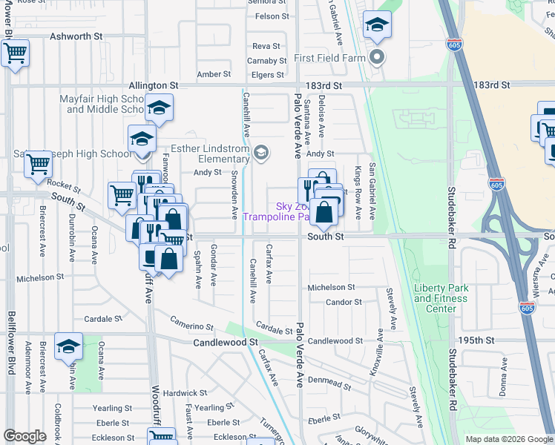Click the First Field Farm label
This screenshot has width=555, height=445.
pos(332,57)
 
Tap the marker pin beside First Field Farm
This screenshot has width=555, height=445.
pos(378,57)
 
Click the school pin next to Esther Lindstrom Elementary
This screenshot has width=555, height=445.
pos(260,154)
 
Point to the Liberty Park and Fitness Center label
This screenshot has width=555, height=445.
pos(441,298)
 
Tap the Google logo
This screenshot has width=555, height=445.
pos(24,436)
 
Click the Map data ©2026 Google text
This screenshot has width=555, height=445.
pos(509,439)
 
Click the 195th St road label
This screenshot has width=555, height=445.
pos(474,340)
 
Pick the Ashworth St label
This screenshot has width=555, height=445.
pos(75,36)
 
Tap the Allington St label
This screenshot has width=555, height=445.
pos(154,86)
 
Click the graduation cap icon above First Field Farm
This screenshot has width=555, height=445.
pos(377,27)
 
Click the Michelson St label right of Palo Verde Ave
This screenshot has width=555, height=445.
pos(332,287)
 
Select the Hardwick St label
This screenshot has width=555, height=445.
pos(185,393)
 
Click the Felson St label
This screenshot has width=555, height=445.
pos(272,16)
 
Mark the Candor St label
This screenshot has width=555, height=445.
pos(344,303)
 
